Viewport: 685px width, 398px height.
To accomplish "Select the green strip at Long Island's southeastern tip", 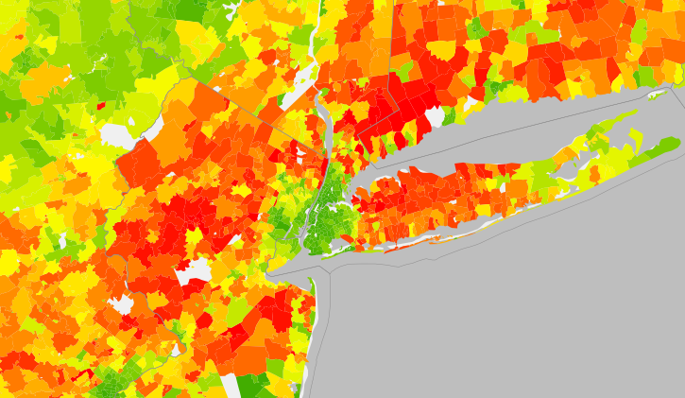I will click(664, 147).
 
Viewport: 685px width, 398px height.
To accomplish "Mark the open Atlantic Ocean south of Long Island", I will click(520, 303).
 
